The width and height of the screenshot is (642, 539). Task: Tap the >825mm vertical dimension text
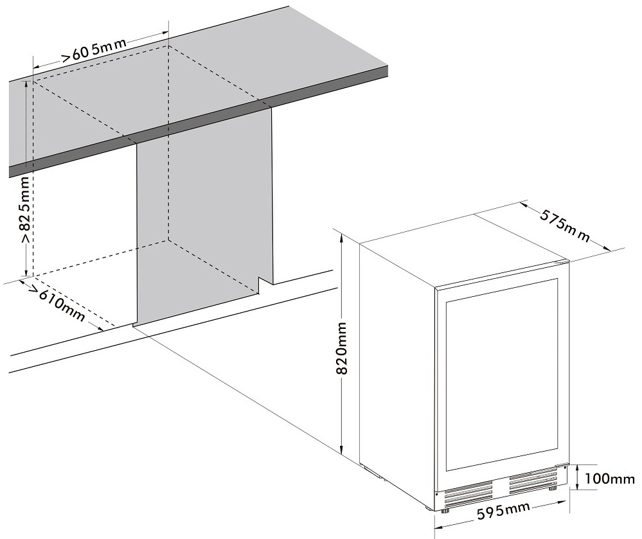(x=26, y=210)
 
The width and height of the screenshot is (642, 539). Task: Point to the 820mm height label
(x=341, y=348)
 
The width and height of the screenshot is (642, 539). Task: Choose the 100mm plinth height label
(x=610, y=478)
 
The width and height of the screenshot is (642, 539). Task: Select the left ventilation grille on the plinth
(x=468, y=493)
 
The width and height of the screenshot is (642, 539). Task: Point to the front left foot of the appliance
(x=445, y=509)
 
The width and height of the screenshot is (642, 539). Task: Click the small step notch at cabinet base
(x=265, y=285)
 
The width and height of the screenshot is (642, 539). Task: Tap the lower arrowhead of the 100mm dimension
(x=577, y=486)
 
